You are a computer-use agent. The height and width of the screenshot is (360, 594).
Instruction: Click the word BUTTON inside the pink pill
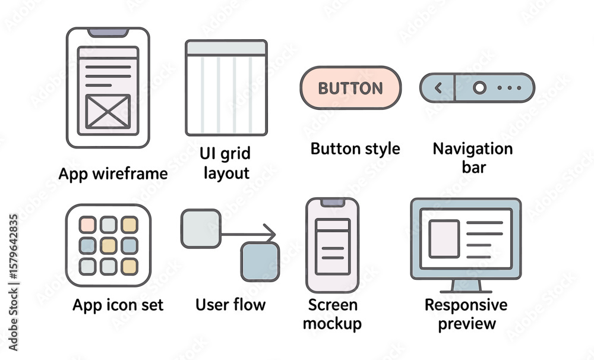(350, 89)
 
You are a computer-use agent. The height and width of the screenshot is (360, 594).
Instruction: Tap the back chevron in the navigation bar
(438, 88)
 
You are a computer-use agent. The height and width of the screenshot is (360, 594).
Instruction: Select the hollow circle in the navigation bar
(479, 87)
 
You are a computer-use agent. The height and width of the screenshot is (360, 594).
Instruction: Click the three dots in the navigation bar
(509, 88)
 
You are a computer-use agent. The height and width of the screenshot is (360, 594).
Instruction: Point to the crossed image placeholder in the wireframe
(108, 112)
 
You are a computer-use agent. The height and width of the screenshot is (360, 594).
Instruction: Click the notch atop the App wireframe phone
(108, 33)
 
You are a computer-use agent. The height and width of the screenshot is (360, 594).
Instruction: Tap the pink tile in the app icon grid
(87, 225)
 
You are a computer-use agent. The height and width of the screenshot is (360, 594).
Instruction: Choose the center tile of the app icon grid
(109, 246)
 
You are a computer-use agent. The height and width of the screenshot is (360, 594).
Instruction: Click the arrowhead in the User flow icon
(270, 233)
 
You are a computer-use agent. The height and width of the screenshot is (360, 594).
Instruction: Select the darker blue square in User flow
(260, 262)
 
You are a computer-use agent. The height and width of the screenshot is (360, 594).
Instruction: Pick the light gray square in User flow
(201, 229)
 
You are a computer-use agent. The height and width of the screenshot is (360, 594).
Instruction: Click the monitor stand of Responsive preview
(466, 286)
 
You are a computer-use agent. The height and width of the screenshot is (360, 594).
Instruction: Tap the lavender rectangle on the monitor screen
(444, 239)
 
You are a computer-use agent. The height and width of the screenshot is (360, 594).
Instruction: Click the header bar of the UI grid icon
(226, 48)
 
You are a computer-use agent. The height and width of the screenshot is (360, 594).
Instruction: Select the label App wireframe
(113, 174)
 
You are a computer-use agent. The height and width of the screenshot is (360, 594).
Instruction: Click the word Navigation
(473, 149)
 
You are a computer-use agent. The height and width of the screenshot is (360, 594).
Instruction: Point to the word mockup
(332, 324)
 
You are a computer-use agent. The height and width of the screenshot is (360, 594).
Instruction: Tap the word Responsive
(466, 305)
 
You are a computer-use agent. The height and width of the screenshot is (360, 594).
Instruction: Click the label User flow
(230, 304)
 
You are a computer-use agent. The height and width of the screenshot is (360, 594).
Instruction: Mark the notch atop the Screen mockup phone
(333, 203)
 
